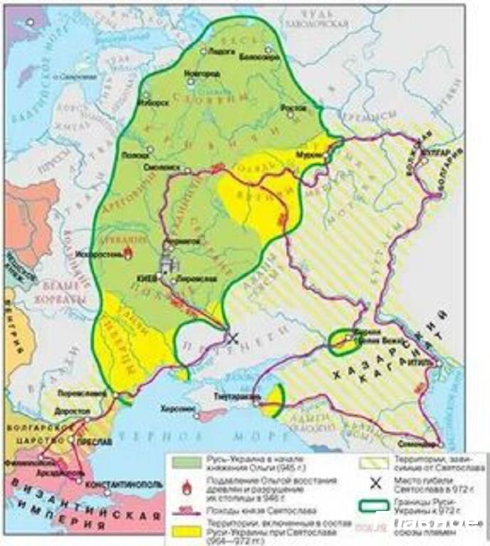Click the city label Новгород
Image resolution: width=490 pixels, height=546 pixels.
click(x=198, y=74)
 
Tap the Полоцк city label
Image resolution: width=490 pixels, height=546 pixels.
click(x=137, y=153)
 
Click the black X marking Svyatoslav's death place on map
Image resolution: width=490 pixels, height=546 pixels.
click(x=231, y=338)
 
